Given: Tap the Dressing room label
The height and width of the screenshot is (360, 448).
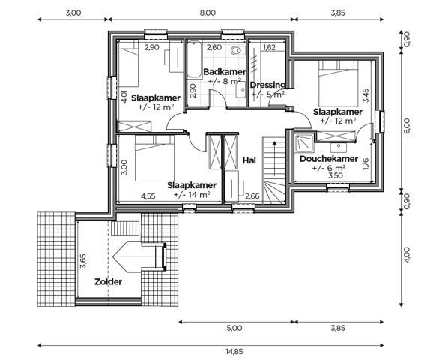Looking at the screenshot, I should point(267,85).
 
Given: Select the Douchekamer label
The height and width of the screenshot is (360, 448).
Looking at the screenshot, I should point(327,159).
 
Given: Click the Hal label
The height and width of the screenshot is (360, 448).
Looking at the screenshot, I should point(250,160).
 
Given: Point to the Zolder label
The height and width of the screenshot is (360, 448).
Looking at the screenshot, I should point(108,281).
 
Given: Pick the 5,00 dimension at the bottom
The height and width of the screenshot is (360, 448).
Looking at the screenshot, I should point(234,328).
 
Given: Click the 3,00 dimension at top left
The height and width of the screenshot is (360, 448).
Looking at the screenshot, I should point(73,13).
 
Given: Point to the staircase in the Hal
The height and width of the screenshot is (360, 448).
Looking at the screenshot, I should point(273,171).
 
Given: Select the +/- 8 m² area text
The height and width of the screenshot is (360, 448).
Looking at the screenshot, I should point(224,81).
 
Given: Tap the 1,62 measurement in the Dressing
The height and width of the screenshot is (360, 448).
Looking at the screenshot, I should point(270,48).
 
